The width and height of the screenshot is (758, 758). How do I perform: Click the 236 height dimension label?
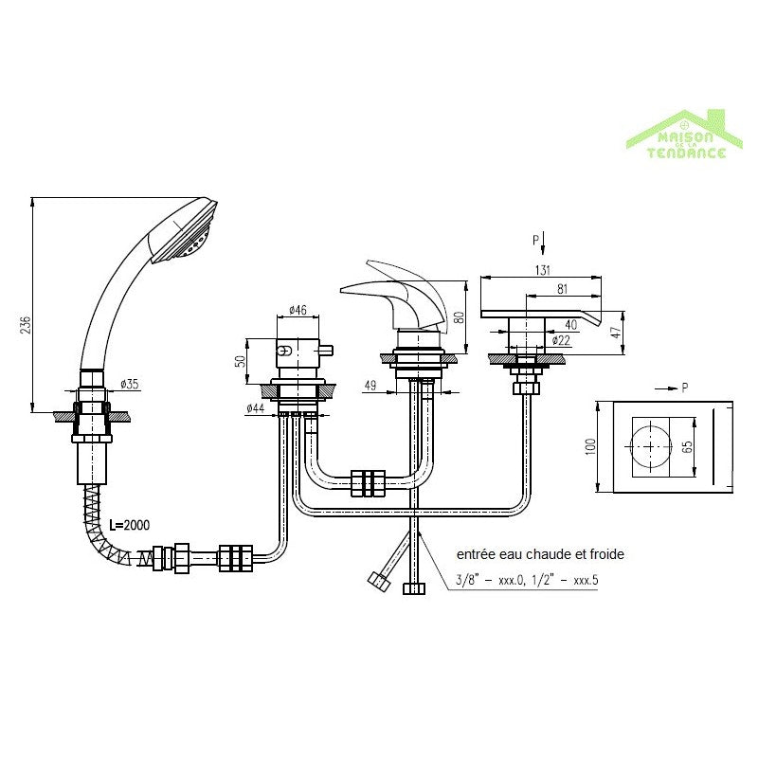27,325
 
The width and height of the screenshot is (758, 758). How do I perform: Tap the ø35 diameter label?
130,384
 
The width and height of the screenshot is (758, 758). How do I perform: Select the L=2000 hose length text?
130,525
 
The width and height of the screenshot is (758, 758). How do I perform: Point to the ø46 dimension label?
298,310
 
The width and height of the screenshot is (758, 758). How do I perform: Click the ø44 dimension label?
256,408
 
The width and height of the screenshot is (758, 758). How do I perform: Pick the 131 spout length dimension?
543,270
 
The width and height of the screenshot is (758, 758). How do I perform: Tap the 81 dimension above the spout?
562,289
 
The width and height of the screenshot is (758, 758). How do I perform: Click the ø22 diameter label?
561,340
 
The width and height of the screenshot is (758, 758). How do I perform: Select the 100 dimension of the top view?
590,446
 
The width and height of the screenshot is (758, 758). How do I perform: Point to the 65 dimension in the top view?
689,446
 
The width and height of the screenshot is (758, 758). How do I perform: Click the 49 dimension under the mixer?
370,386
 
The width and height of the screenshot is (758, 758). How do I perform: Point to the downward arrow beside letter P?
543,244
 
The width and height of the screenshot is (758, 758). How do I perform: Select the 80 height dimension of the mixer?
460,317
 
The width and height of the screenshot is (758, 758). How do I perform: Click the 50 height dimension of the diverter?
241,361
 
